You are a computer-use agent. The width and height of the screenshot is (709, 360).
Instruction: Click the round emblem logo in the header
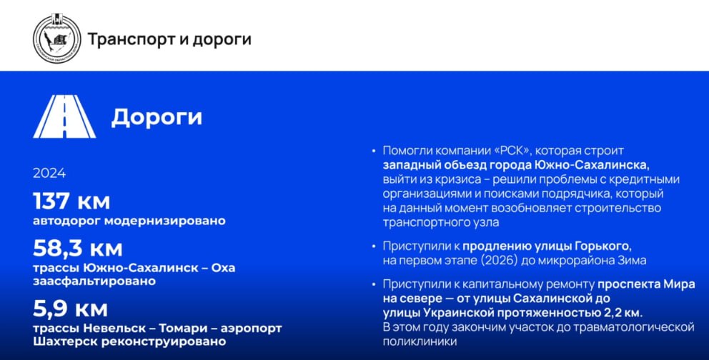click(x=57, y=39)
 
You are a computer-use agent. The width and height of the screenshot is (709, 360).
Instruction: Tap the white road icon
click(x=64, y=116)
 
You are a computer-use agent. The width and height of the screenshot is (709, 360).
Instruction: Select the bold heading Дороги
click(x=157, y=117)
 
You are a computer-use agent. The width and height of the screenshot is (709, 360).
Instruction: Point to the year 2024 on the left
click(x=49, y=174)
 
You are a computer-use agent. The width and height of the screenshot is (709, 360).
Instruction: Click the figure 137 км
click(x=71, y=201)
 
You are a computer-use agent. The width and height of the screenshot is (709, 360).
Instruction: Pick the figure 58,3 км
click(x=78, y=248)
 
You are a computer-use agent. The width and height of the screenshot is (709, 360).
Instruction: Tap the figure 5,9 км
click(x=71, y=309)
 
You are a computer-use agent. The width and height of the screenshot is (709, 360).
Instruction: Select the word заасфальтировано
click(x=94, y=281)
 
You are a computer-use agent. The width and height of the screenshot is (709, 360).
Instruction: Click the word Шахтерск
click(x=66, y=341)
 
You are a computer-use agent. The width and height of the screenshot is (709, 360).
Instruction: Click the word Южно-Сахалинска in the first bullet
click(x=607, y=165)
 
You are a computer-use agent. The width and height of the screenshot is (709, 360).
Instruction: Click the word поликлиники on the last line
click(x=420, y=342)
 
